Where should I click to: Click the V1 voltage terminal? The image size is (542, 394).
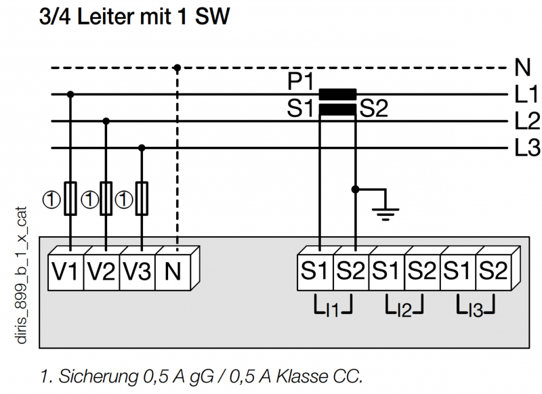(x=66, y=272)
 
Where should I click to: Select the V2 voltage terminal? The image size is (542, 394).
(x=102, y=272)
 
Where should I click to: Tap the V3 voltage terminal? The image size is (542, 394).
(x=138, y=272)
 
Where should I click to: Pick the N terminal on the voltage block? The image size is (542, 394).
(x=173, y=272)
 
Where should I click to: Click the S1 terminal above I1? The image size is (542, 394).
(x=315, y=272)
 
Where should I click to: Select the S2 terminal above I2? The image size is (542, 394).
(x=422, y=272)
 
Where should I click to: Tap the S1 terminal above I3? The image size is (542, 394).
(x=458, y=272)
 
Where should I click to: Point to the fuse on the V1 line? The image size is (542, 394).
(x=70, y=198)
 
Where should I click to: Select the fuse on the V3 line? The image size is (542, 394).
(x=142, y=198)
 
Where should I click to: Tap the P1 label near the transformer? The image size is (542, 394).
(x=300, y=82)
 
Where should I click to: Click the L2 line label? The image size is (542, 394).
(x=527, y=121)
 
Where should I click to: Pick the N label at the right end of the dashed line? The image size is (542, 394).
(x=522, y=67)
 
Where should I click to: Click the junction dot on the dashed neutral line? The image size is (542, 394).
(x=178, y=68)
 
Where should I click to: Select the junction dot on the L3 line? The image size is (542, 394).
(x=142, y=148)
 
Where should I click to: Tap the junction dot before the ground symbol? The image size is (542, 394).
(x=355, y=190)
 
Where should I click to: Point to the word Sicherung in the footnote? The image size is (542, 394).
(x=98, y=376)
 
